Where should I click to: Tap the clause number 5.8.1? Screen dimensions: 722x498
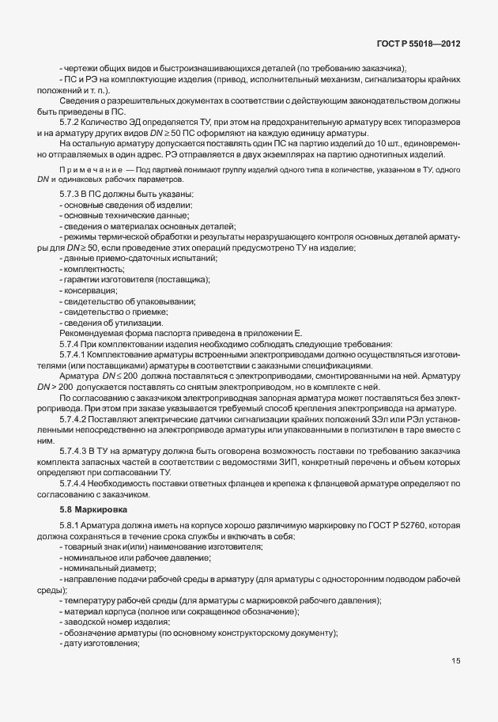(x=70, y=526)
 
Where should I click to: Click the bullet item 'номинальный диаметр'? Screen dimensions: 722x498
(x=110, y=568)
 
